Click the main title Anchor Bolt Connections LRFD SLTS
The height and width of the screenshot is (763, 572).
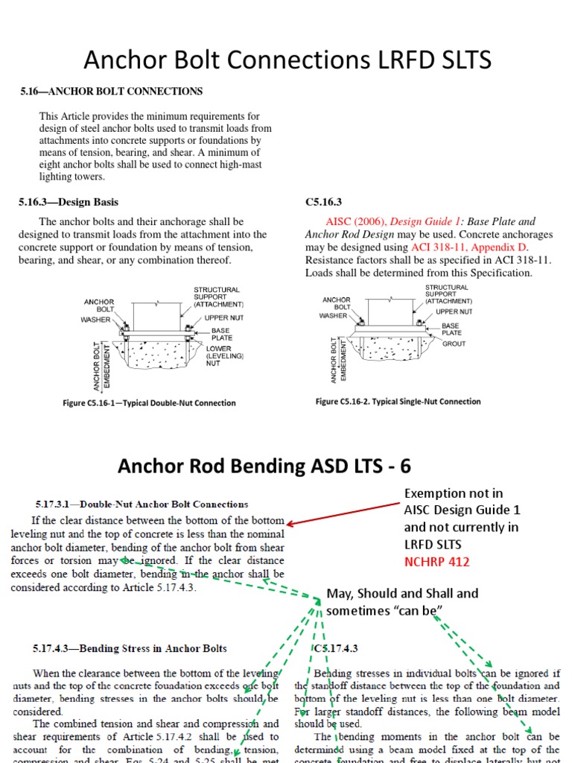(x=287, y=60)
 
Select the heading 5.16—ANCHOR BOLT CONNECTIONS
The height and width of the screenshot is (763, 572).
(x=111, y=92)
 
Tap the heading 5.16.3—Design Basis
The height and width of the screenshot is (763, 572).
(x=69, y=202)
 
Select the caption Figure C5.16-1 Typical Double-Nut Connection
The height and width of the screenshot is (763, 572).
(x=149, y=403)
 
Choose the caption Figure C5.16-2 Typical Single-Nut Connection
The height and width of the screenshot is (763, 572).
(x=398, y=402)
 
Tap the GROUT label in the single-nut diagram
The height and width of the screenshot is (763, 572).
(x=454, y=344)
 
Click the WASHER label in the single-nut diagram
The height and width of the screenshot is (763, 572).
(x=334, y=316)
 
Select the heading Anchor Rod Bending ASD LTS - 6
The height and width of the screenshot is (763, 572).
(x=264, y=467)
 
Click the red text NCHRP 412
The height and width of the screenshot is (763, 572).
(x=436, y=562)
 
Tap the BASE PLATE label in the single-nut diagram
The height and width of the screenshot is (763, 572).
(x=451, y=329)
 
